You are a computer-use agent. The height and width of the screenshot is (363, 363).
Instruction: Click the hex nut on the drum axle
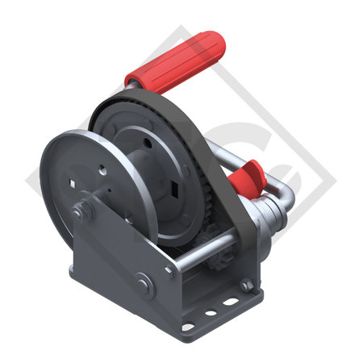[81, 213]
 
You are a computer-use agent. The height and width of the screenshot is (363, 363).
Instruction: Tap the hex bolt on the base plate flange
[245, 284]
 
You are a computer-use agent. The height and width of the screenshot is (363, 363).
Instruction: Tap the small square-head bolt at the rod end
[169, 272]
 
